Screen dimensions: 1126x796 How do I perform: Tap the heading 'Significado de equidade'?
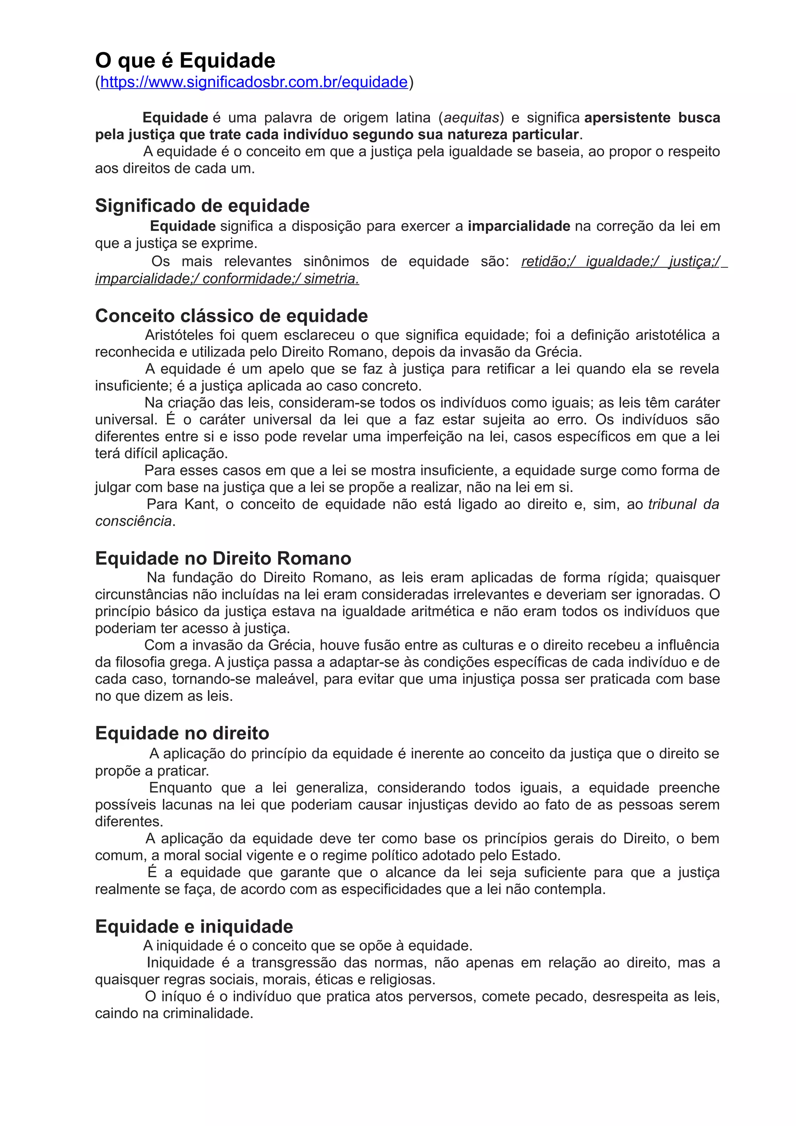[x=202, y=206]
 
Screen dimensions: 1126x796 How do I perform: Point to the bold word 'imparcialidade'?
[x=518, y=226]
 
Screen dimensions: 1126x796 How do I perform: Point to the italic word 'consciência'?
[x=133, y=521]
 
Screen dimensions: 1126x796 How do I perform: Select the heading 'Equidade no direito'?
[x=182, y=733]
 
